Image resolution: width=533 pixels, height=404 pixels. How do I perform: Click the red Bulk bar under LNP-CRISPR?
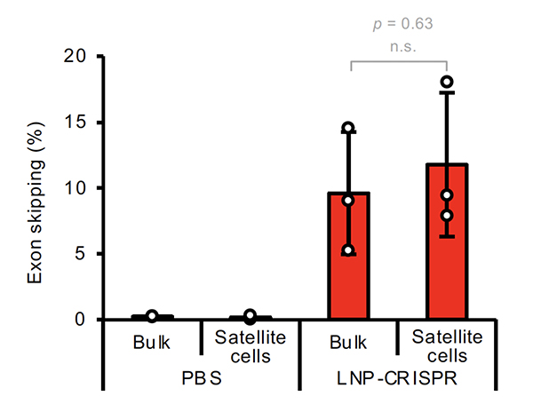pos(348,257)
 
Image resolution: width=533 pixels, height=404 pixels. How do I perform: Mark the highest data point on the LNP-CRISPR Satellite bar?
pos(447,83)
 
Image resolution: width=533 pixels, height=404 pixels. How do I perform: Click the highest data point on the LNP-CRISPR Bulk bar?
pos(348,129)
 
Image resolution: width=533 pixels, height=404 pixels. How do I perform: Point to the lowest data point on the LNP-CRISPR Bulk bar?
pos(348,250)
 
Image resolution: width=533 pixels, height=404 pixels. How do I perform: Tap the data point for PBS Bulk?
pos(152,316)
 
